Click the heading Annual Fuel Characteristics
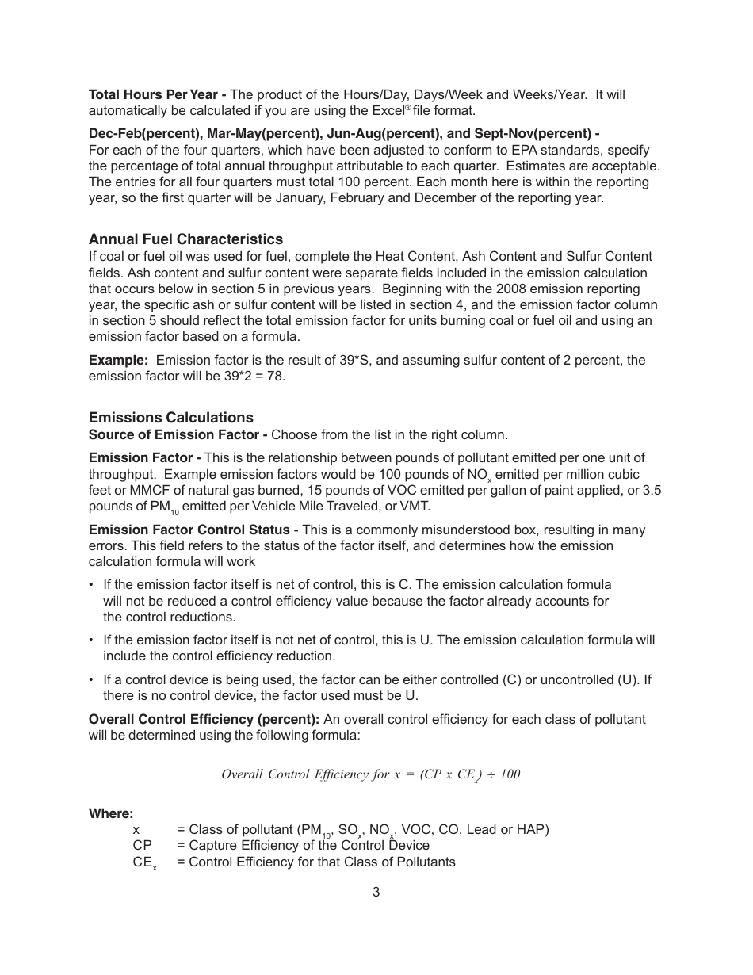tap(185, 239)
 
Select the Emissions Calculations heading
tap(171, 418)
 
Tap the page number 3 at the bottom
tap(376, 893)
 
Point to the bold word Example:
tap(118, 361)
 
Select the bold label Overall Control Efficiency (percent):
tap(204, 720)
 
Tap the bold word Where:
tap(111, 814)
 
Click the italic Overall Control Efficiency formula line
tap(371, 774)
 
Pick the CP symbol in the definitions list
tap(143, 846)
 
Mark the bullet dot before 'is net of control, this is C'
tap(92, 585)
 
